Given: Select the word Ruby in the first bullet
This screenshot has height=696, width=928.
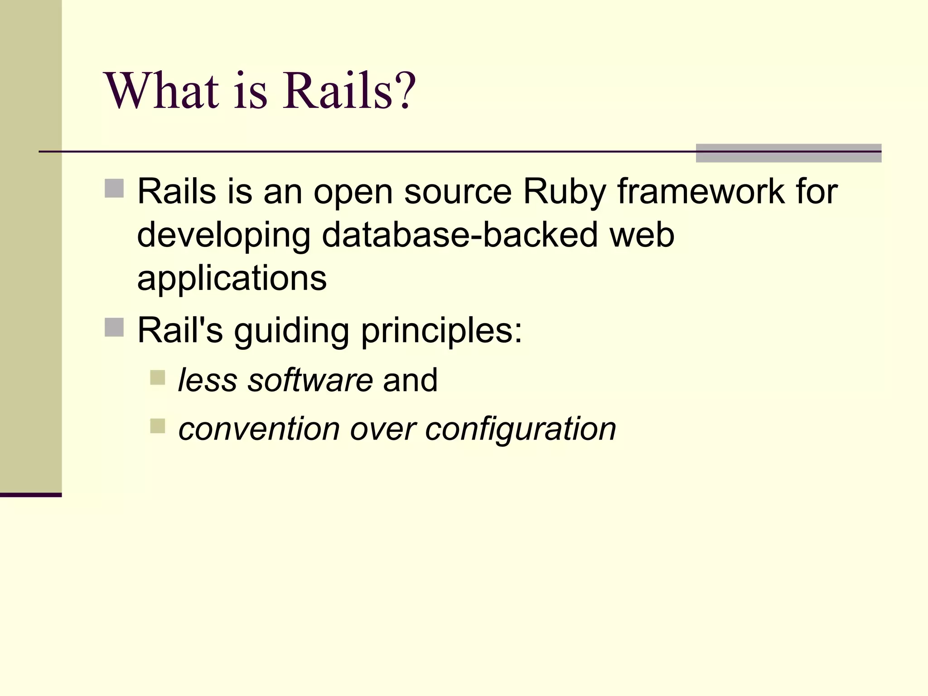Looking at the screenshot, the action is pyautogui.click(x=564, y=192).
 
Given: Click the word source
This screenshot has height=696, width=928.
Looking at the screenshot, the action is pyautogui.click(x=458, y=192).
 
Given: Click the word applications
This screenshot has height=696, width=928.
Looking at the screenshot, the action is pyautogui.click(x=232, y=279).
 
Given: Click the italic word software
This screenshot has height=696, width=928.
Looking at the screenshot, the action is pyautogui.click(x=310, y=380).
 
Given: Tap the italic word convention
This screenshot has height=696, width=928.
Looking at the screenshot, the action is pyautogui.click(x=259, y=429).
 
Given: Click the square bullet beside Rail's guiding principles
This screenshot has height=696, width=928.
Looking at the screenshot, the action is pyautogui.click(x=114, y=327).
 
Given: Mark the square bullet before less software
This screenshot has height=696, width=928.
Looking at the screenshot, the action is pyautogui.click(x=158, y=377).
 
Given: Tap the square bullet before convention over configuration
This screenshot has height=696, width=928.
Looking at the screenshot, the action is pyautogui.click(x=158, y=426).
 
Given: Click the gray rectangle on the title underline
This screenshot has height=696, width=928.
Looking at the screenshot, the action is pyautogui.click(x=788, y=153).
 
